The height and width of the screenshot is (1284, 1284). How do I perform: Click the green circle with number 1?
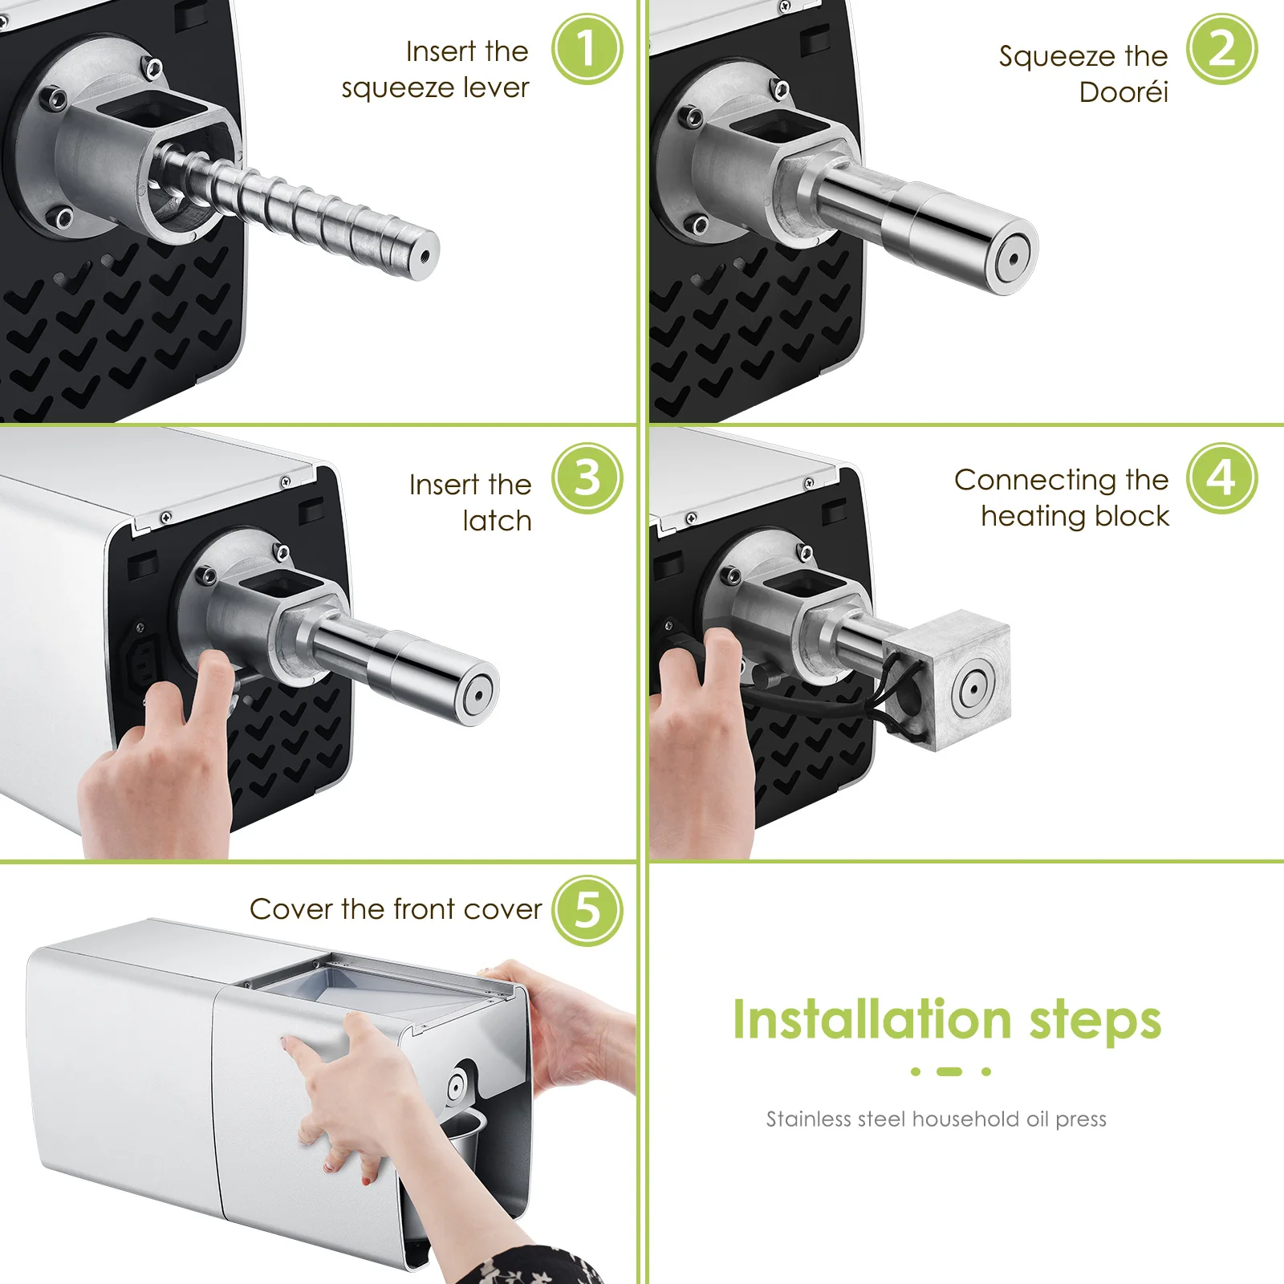[x=587, y=49]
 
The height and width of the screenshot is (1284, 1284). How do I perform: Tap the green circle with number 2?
[x=1221, y=49]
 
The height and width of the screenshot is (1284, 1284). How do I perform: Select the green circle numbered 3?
[x=587, y=478]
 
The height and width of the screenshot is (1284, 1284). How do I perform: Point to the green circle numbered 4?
[x=1221, y=478]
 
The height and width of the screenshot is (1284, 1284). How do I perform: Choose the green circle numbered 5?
[x=587, y=910]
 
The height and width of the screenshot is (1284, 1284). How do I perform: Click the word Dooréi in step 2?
[x=1123, y=92]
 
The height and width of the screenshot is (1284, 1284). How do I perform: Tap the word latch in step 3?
[x=498, y=521]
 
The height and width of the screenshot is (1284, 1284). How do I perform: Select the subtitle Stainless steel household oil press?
[x=936, y=1119]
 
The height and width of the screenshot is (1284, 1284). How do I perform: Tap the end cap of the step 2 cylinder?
[x=1014, y=258]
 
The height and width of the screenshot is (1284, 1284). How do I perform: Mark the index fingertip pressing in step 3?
[x=215, y=662]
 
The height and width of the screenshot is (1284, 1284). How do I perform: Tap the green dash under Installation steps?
[x=949, y=1071]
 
